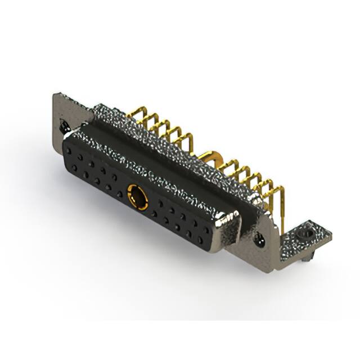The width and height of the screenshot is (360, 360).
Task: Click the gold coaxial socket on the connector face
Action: click(137, 196)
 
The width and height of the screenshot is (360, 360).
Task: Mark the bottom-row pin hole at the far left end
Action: click(74, 168)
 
